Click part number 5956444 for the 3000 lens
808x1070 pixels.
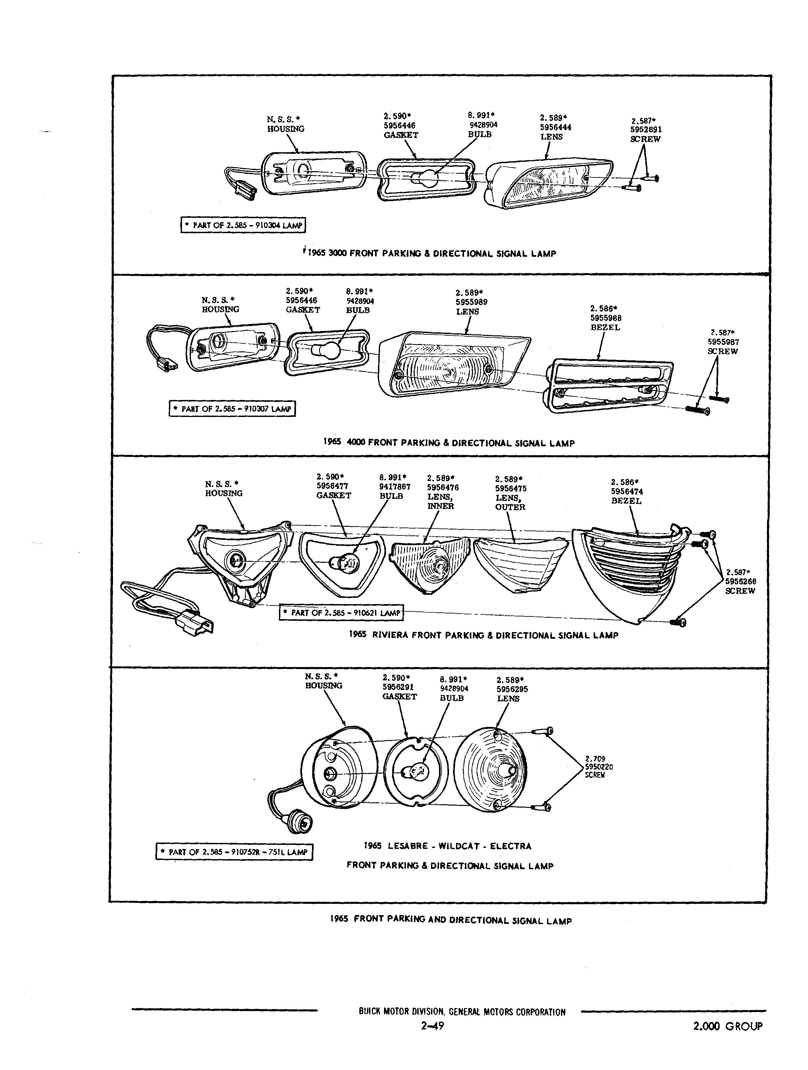click(556, 127)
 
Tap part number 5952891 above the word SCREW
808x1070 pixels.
click(646, 130)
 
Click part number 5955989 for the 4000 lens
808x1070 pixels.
click(471, 302)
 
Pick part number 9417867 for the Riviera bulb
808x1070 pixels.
click(395, 487)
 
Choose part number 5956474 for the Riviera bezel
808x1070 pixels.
click(627, 492)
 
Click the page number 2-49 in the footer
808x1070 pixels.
click(433, 1038)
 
